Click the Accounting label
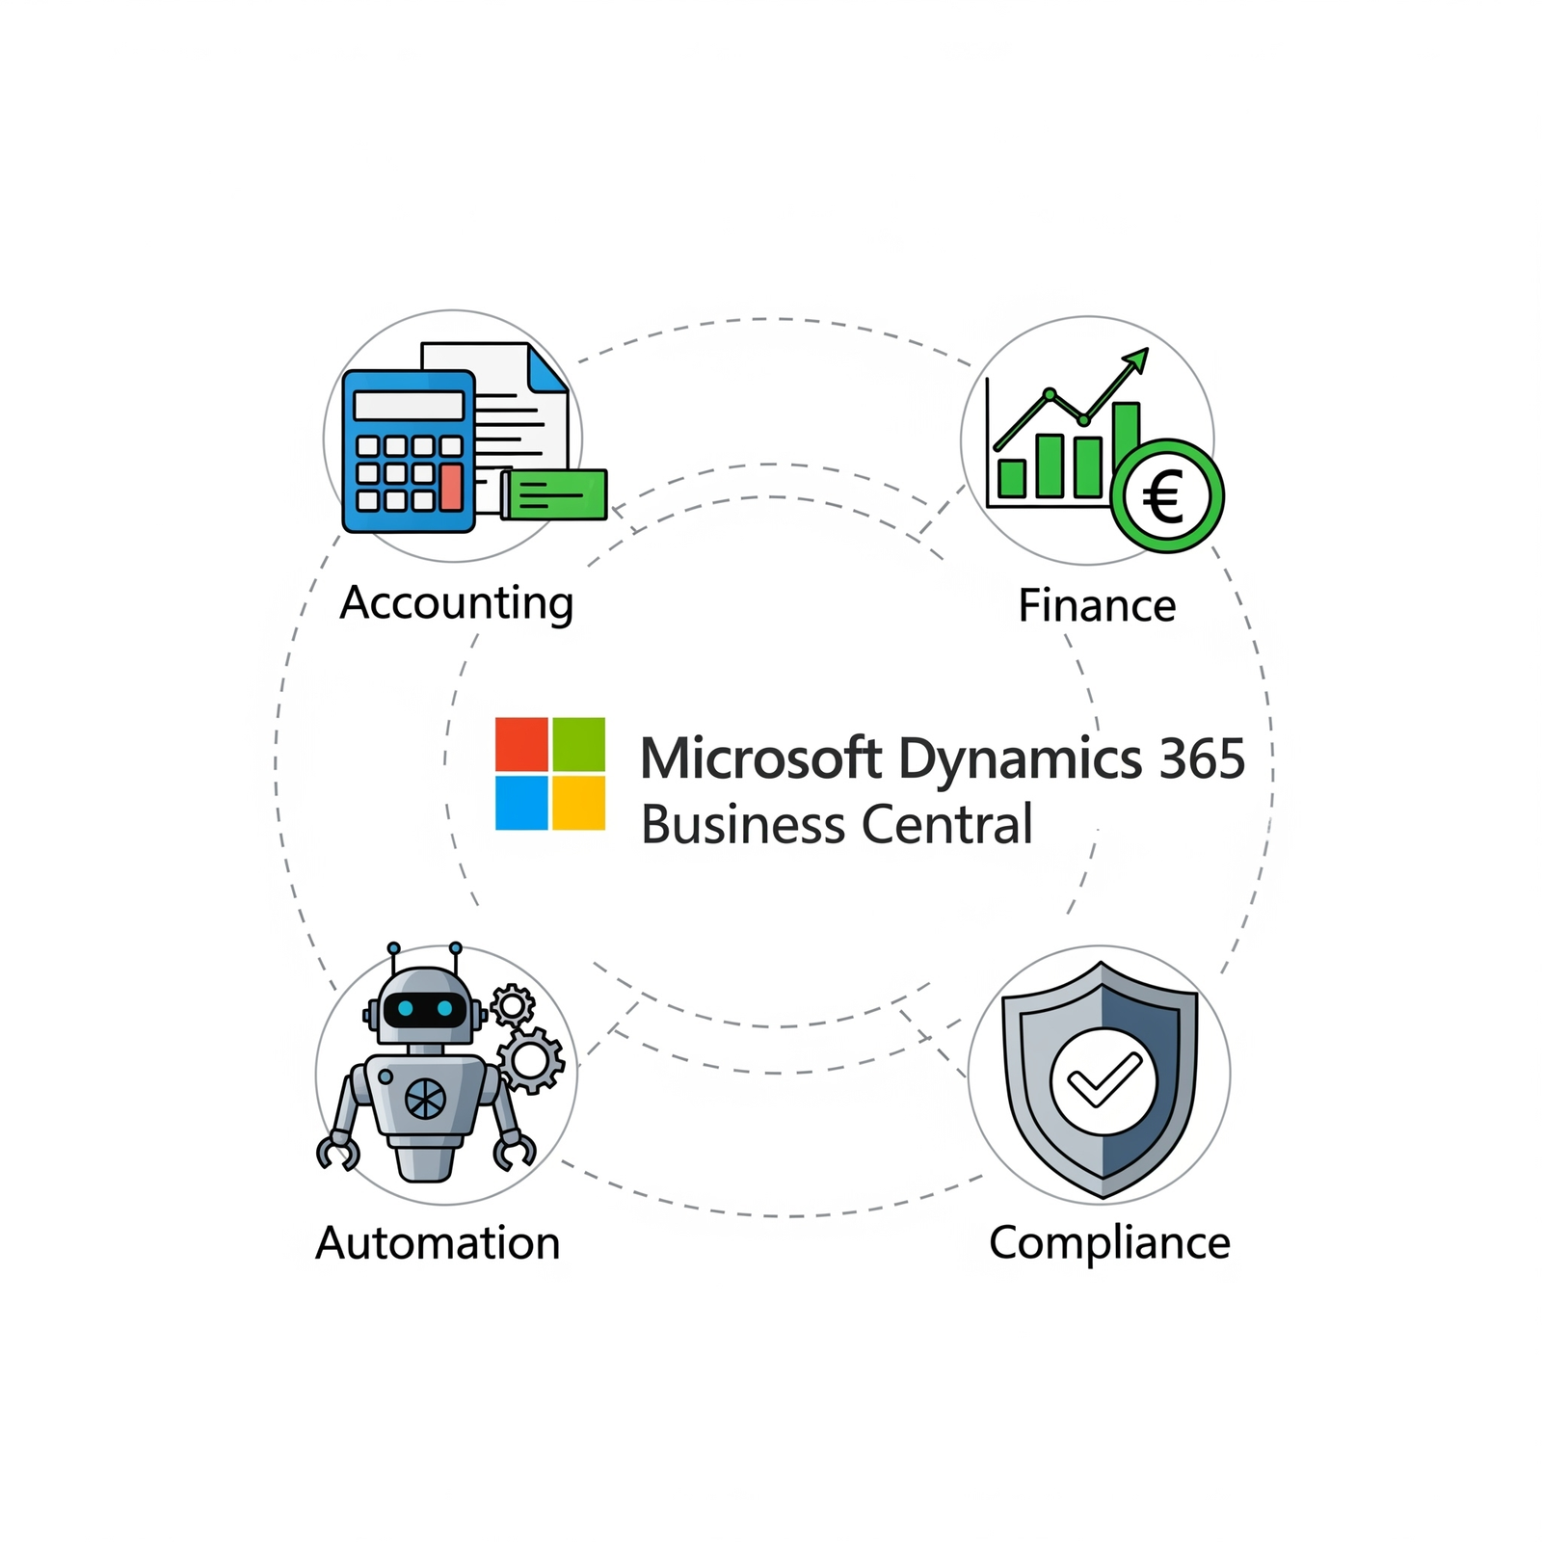tap(457, 604)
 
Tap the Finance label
tap(1097, 606)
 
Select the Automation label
tap(438, 1243)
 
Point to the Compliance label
tap(1109, 1243)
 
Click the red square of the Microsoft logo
tap(521, 744)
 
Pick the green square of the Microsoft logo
tap(578, 744)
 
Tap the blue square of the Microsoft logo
tap(521, 803)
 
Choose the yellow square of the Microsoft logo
tap(578, 803)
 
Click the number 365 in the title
tap(1202, 759)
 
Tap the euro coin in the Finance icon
tap(1166, 497)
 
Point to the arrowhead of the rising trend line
tap(1138, 359)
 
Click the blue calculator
tap(409, 450)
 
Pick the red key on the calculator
tap(450, 487)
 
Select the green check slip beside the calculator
tap(555, 493)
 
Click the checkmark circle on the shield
tap(1103, 1080)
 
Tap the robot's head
tap(424, 1006)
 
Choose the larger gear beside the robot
tap(530, 1060)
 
